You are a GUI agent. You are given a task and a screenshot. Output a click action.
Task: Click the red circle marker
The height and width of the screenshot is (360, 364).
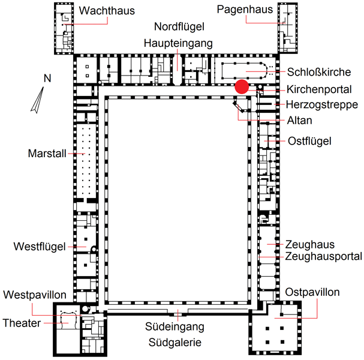point(242,86)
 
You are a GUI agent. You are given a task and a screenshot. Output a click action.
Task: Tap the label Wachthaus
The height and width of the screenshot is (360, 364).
point(107,11)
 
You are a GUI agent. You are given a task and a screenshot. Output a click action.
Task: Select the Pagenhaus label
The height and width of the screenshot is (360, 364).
point(245,10)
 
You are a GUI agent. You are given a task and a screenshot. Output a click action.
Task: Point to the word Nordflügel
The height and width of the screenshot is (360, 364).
point(179,26)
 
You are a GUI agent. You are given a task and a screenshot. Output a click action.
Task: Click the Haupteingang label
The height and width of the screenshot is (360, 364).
point(178,43)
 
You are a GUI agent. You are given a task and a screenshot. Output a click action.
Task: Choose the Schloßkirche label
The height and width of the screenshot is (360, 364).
point(319,72)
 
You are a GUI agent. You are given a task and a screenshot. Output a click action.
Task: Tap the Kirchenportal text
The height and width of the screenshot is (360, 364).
point(319,89)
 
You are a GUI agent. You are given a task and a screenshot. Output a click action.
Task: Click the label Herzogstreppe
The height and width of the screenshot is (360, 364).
point(322,105)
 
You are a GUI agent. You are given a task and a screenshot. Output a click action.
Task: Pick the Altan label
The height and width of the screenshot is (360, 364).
point(299,121)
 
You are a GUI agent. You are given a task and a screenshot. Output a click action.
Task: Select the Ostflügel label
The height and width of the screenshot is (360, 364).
point(309,141)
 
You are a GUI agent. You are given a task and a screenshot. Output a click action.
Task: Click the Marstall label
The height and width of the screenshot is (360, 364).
point(47,154)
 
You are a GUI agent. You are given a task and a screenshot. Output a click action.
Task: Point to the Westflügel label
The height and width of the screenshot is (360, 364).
point(40,247)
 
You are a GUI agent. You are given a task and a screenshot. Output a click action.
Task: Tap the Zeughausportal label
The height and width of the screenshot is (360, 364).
point(324,256)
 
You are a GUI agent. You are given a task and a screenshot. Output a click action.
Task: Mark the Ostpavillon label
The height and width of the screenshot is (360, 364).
point(312,292)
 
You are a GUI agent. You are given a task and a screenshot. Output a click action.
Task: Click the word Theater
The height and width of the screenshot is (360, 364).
point(22,323)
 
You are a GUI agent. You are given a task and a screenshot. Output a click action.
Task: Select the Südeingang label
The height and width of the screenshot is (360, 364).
point(175,327)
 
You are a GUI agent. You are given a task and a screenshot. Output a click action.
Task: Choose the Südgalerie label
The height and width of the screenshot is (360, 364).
point(175,343)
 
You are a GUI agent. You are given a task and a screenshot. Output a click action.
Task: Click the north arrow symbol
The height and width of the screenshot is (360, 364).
point(37,100)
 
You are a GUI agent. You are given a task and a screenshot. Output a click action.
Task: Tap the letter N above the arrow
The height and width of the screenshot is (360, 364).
point(47,78)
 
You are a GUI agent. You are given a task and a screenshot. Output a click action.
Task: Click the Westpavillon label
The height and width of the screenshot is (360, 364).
point(35,295)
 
